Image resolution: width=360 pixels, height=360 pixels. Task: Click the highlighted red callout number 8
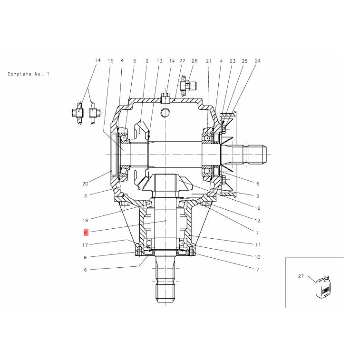[86, 233]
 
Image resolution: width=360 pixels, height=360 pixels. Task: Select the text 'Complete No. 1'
[28, 74]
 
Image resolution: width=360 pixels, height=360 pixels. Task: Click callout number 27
[301, 276]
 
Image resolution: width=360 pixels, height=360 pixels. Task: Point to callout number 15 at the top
[110, 61]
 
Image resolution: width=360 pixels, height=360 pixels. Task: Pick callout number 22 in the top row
[182, 60]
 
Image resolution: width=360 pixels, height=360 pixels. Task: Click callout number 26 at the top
[194, 61]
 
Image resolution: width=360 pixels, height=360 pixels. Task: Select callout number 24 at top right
[257, 61]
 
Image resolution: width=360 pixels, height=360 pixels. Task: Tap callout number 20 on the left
[85, 184]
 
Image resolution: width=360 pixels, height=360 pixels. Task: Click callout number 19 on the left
[85, 220]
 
